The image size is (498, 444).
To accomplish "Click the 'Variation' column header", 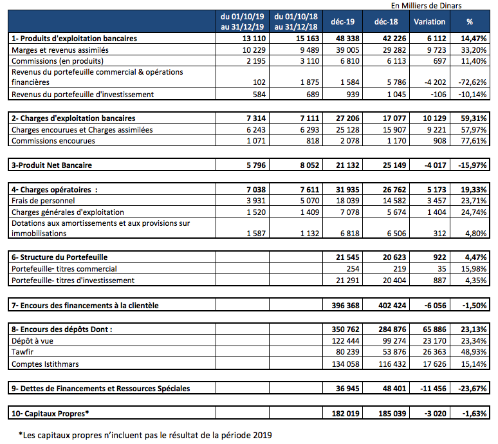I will click(x=430, y=21).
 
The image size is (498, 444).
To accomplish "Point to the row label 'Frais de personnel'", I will click(x=42, y=201).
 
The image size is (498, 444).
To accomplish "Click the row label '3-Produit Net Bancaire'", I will click(x=52, y=165).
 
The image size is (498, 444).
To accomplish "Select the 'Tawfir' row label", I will click(x=23, y=353).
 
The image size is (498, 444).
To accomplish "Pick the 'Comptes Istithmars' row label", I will click(x=44, y=364).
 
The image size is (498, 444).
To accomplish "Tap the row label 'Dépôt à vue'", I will click(x=32, y=341).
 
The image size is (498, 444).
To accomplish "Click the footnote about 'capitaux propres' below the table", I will click(x=145, y=435).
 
